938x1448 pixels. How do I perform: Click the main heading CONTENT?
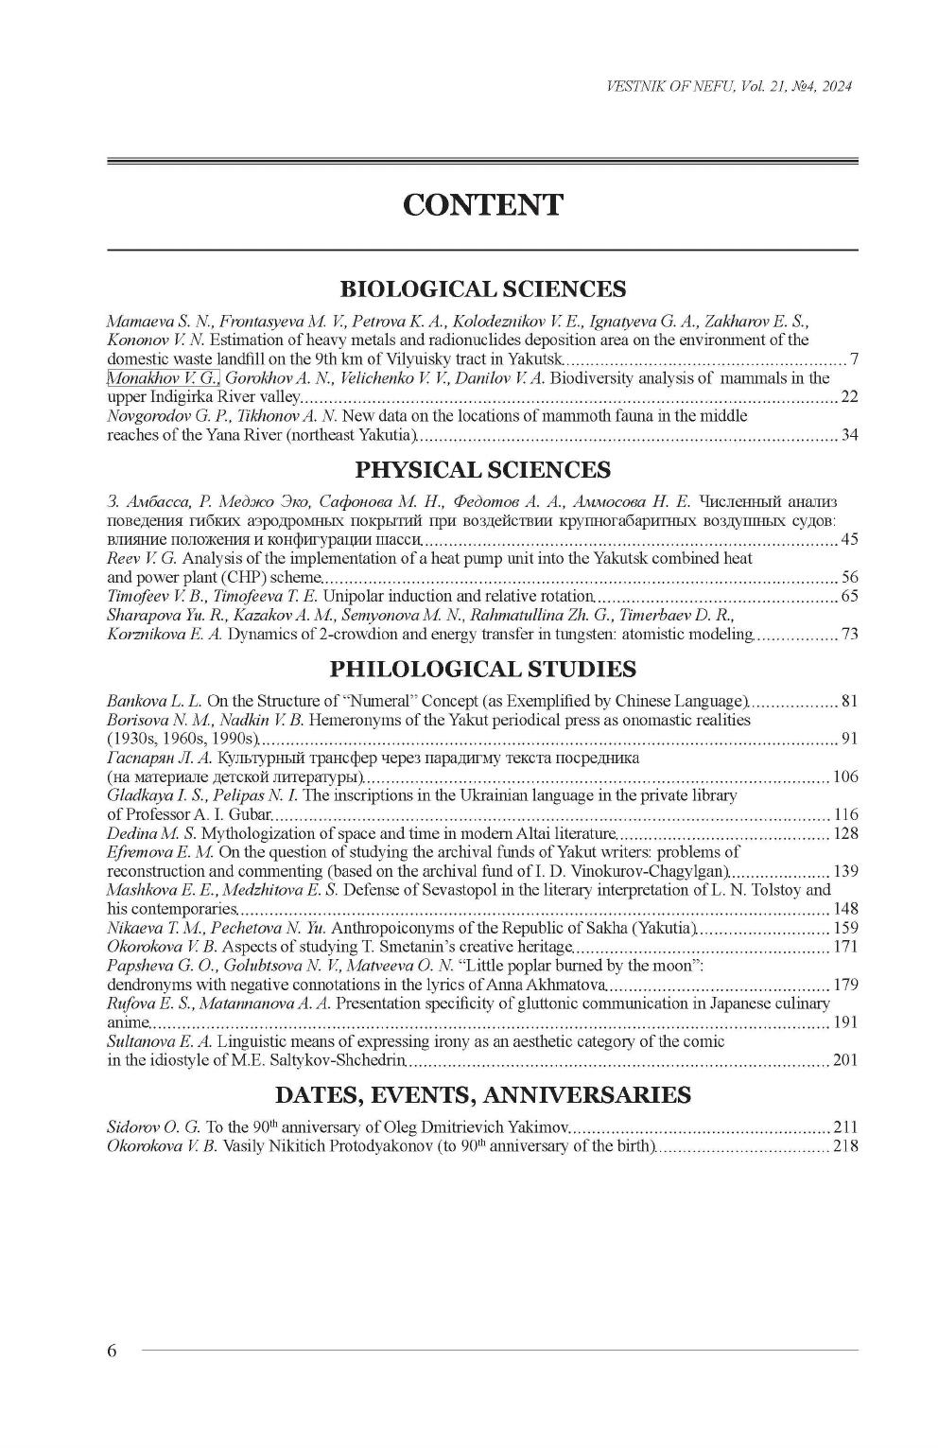[x=482, y=204]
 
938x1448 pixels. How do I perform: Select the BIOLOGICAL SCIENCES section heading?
[x=482, y=288]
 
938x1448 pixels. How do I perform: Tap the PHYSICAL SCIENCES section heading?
[x=482, y=470]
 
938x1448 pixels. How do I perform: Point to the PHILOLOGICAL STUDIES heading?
[x=482, y=670]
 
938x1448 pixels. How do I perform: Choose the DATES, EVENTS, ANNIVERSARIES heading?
[x=482, y=1095]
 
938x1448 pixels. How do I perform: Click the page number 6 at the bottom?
[x=113, y=1350]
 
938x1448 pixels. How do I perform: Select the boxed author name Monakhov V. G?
[x=163, y=378]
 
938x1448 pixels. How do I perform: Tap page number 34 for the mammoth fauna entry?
[x=849, y=435]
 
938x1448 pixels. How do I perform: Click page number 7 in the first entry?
[x=854, y=359]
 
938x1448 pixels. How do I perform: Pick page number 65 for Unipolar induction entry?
[x=849, y=597]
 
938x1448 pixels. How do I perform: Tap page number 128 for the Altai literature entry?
[x=845, y=834]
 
